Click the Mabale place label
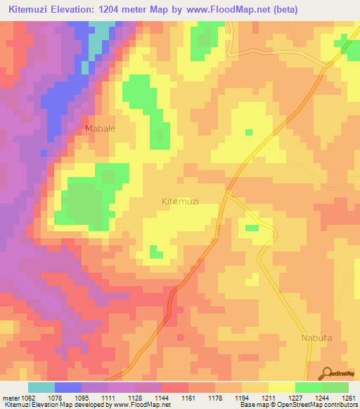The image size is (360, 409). click(100, 129)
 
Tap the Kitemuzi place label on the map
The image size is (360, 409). click(180, 201)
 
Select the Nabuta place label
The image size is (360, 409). click(316, 337)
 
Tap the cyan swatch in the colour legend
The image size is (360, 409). click(41, 387)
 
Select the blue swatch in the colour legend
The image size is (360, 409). click(68, 387)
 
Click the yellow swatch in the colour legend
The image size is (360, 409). click(282, 387)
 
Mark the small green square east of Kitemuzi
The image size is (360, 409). click(251, 227)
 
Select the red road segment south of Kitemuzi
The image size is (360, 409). click(172, 305)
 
